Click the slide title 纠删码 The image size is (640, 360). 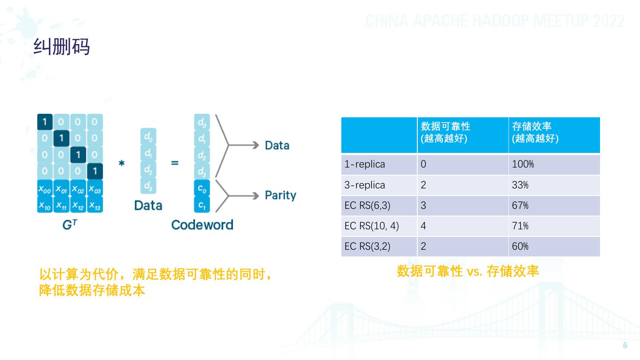(x=62, y=47)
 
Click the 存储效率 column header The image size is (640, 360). (x=535, y=132)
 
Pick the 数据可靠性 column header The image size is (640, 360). (x=445, y=132)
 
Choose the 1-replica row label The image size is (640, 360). (x=364, y=164)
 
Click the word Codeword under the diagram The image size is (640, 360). (x=202, y=224)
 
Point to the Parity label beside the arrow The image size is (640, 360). (x=280, y=195)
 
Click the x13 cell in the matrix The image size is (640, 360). (x=95, y=205)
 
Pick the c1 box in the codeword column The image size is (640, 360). (x=202, y=205)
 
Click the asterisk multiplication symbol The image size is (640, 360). (x=121, y=163)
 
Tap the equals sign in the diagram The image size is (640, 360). (x=175, y=163)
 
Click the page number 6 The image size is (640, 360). (x=625, y=346)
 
